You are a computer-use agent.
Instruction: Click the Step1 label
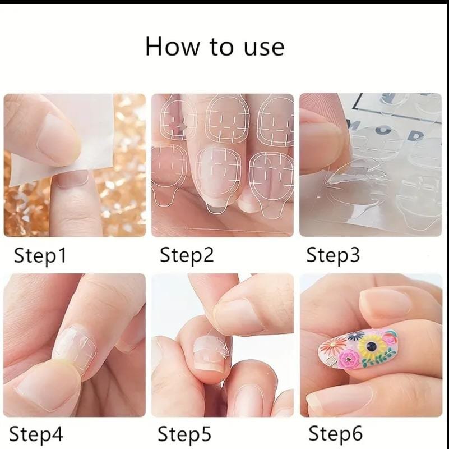(40, 255)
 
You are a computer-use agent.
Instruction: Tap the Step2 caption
(187, 255)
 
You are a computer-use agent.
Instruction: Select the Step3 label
(333, 255)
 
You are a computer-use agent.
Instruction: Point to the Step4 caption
(36, 433)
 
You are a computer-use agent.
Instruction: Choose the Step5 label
(184, 433)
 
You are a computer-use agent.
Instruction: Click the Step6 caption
(335, 433)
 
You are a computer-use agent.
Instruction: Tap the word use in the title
(264, 48)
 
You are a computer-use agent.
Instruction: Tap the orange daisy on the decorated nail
(332, 346)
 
